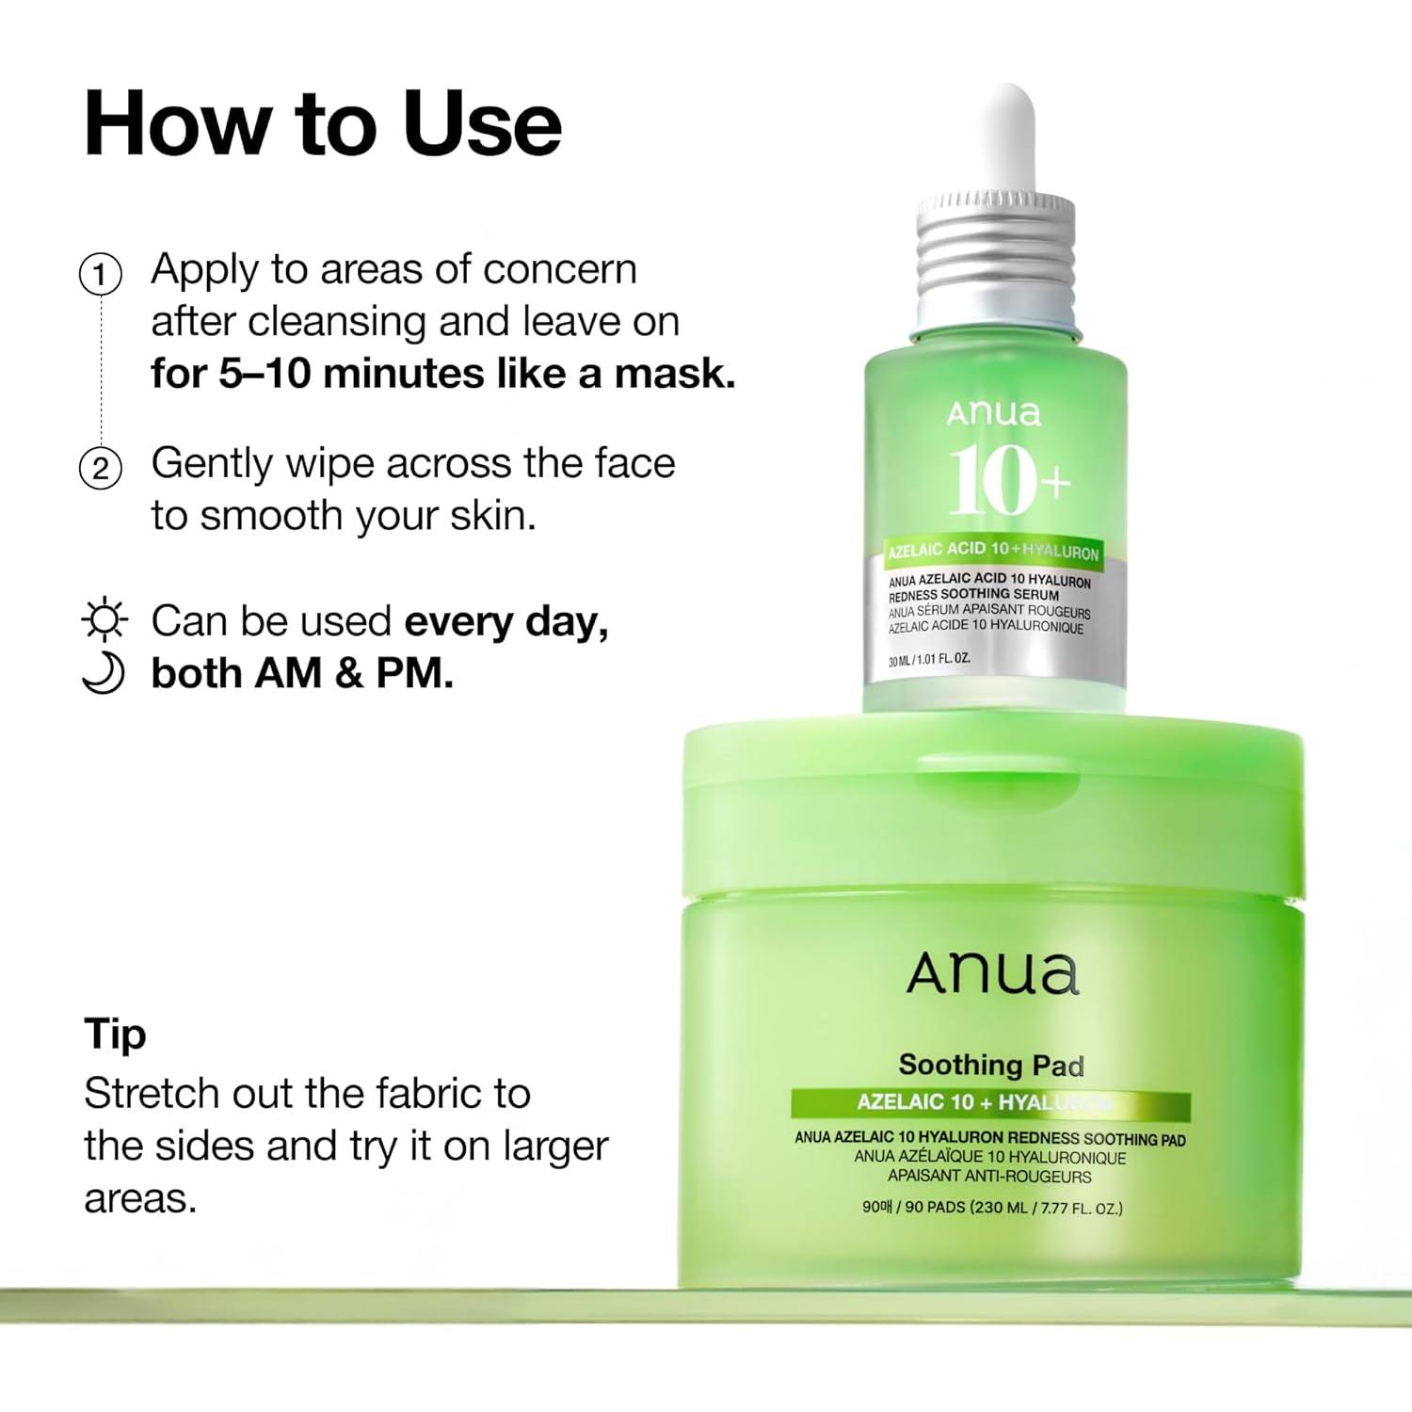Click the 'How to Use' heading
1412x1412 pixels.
click(x=323, y=123)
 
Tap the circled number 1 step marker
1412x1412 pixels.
click(x=101, y=275)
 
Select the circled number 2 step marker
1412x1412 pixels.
click(x=101, y=468)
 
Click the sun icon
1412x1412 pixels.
click(x=104, y=620)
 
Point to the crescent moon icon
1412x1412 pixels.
click(x=104, y=673)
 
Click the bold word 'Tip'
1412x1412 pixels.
click(x=115, y=1035)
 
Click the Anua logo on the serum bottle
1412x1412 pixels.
click(x=994, y=413)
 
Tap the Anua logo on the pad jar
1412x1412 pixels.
click(x=992, y=974)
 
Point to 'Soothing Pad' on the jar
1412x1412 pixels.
click(x=991, y=1066)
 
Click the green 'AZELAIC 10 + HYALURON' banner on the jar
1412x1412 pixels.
click(x=990, y=1103)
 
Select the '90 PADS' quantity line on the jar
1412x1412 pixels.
click(x=992, y=1207)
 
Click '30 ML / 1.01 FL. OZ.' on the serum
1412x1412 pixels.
click(x=929, y=660)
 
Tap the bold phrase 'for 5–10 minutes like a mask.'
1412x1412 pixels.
click(x=443, y=374)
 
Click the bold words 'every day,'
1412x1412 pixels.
click(x=506, y=622)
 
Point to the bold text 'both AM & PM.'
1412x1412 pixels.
click(x=302, y=673)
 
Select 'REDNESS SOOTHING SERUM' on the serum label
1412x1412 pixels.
click(x=973, y=595)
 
